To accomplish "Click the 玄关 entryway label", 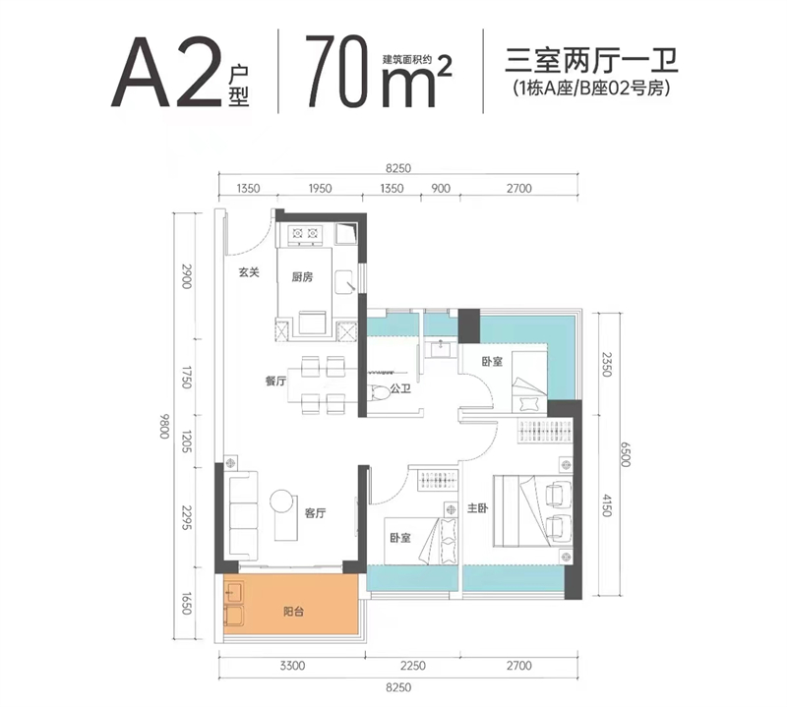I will [248, 273].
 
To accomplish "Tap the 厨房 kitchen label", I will [302, 277].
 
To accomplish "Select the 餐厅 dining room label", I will [275, 382].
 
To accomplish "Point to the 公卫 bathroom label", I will [400, 390].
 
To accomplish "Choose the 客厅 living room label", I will [315, 512].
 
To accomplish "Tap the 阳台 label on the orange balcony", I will [292, 612].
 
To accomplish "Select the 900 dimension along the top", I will [440, 189].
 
